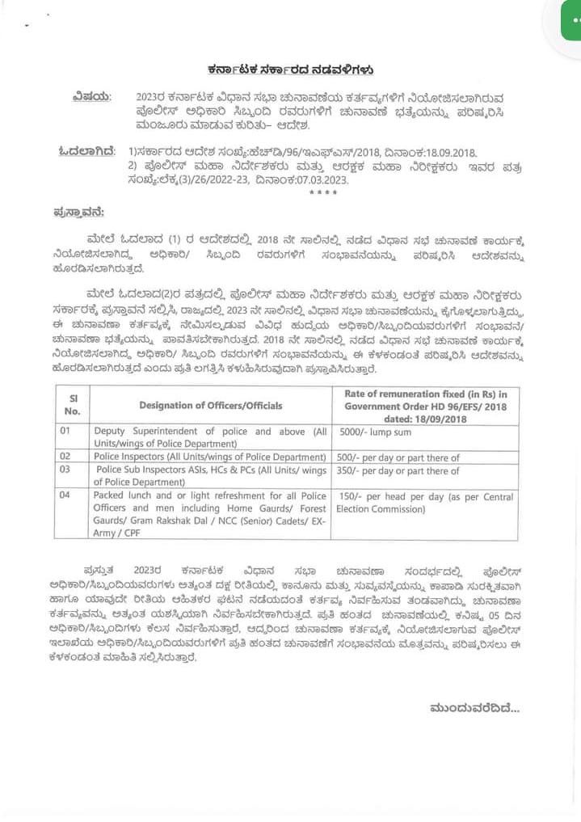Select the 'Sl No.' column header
[72, 405]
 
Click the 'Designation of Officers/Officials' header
[210, 405]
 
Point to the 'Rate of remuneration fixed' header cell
[425, 405]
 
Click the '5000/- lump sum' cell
[375, 432]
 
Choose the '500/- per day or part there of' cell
[398, 457]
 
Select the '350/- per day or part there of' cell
[398, 470]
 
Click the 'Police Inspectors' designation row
[210, 457]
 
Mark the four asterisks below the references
[322, 193]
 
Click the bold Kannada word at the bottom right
[474, 709]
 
